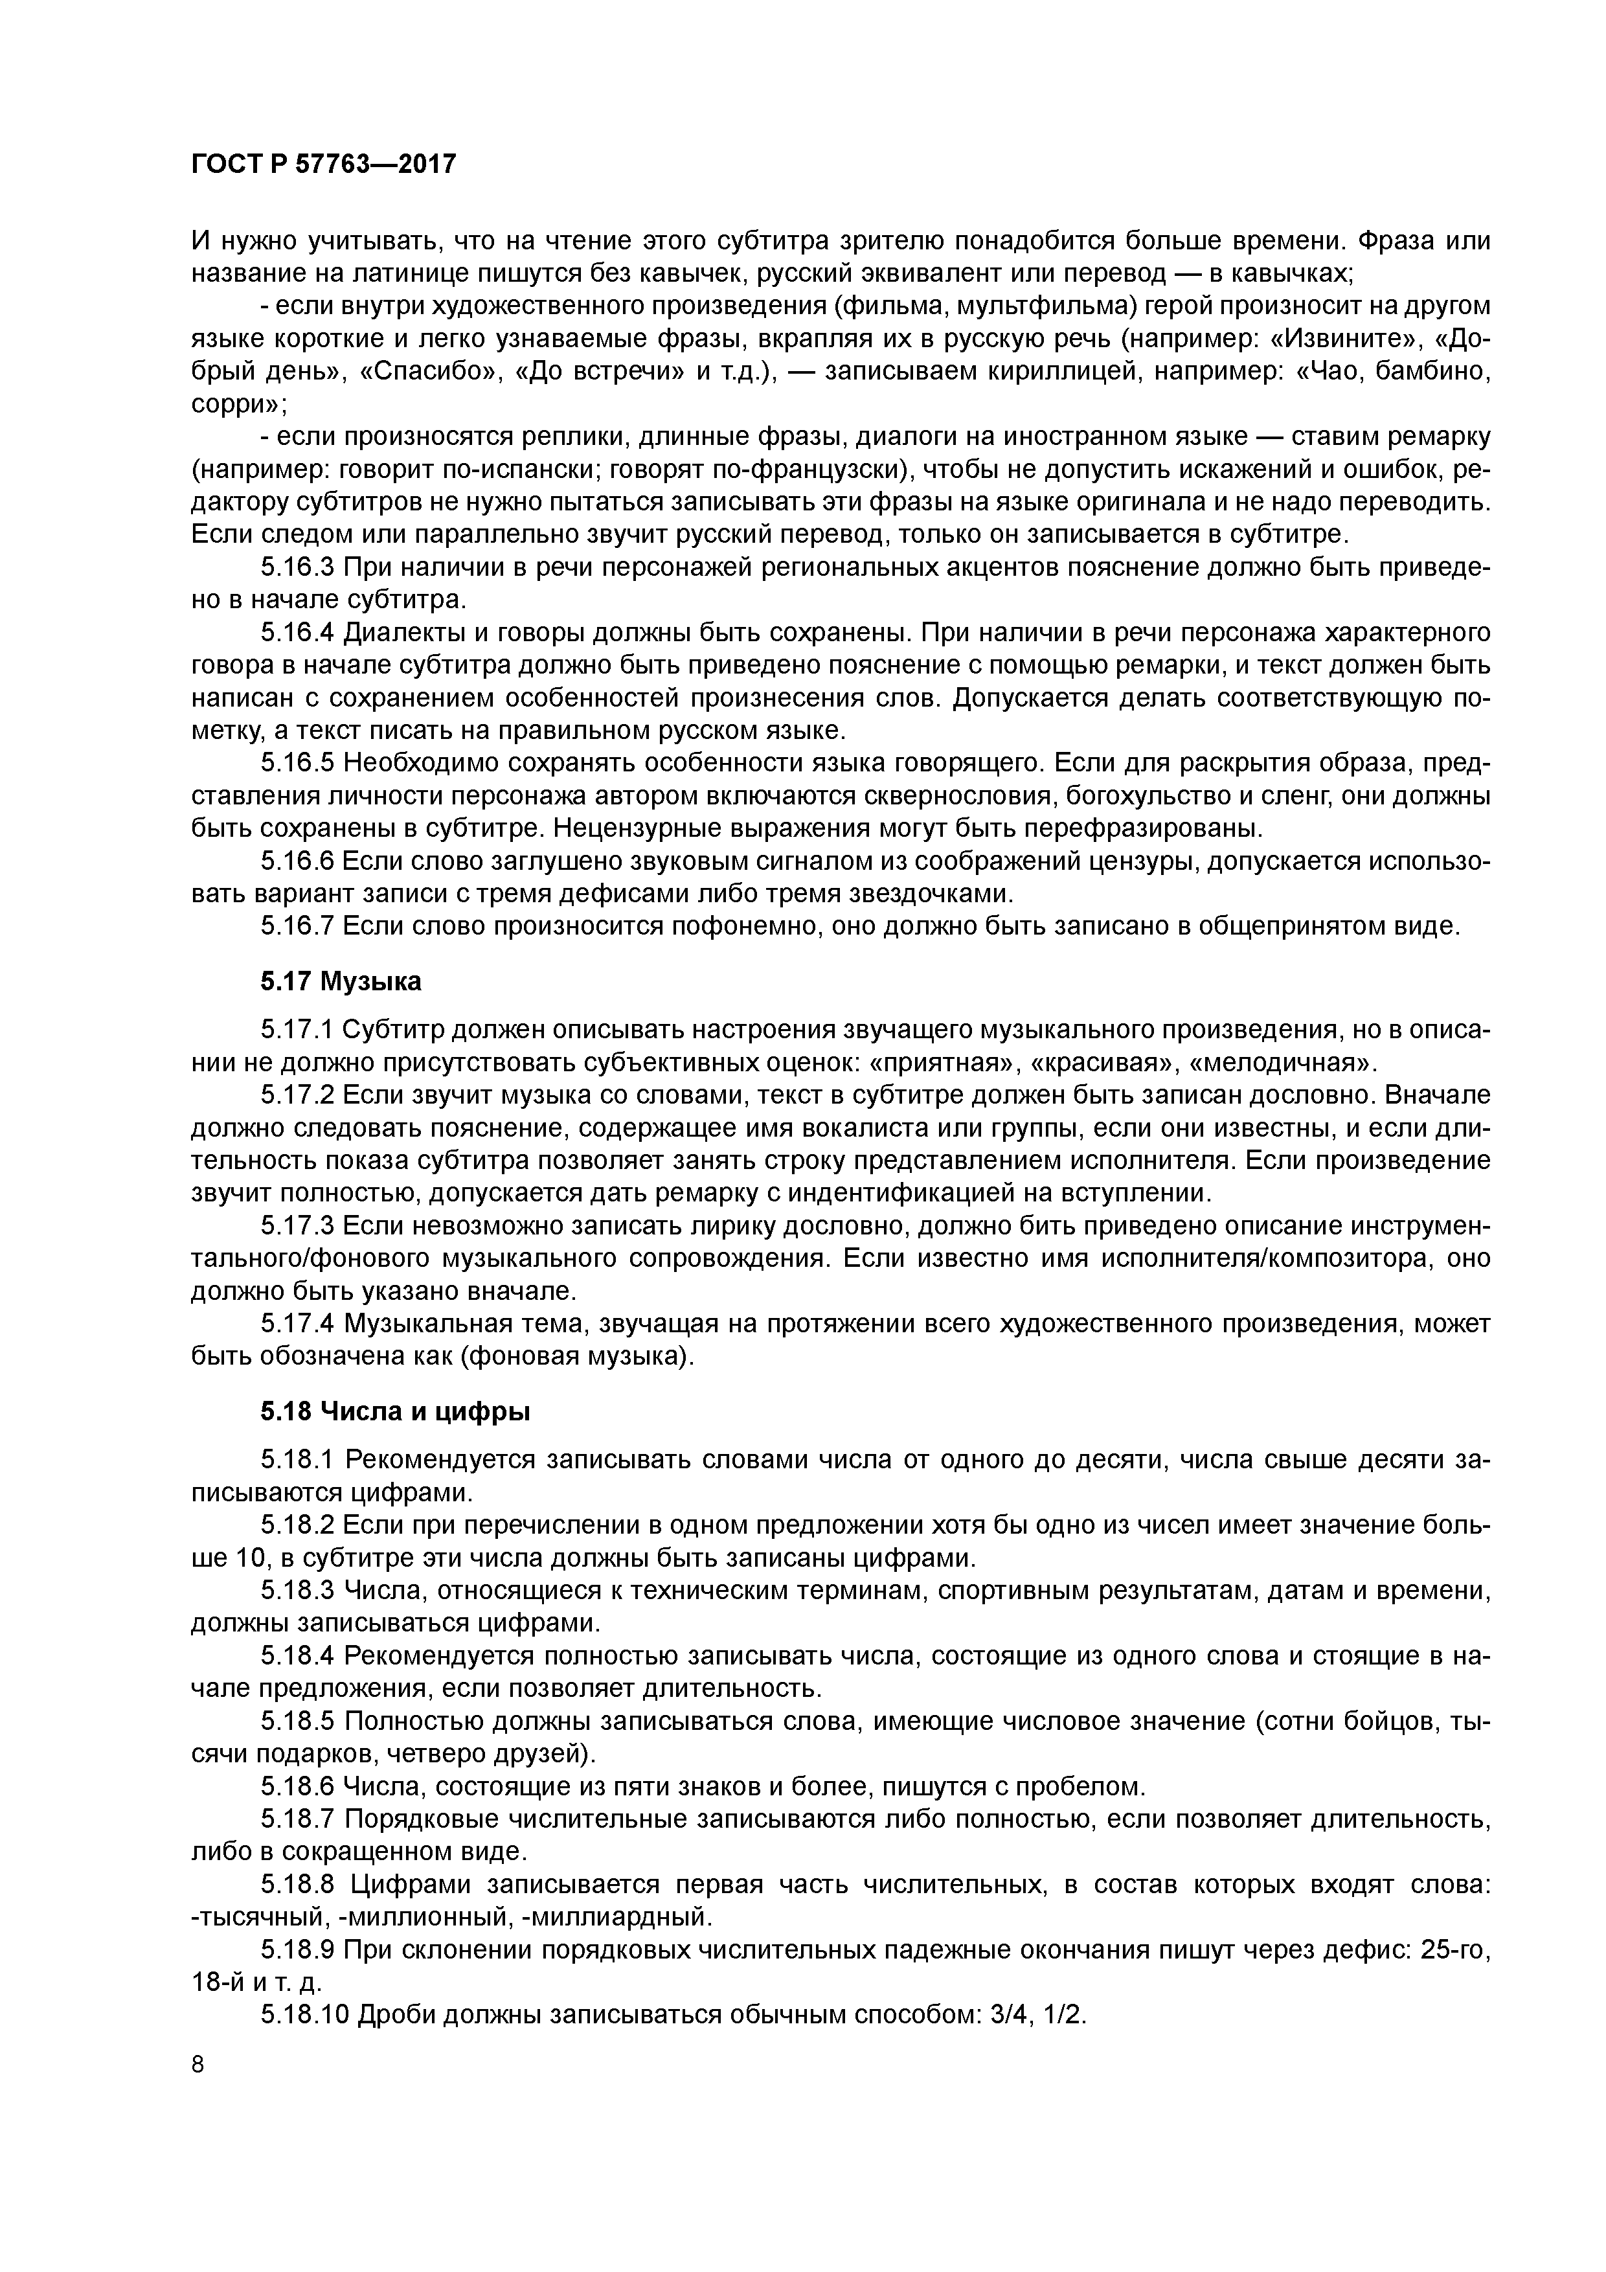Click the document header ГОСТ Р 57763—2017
click(x=324, y=163)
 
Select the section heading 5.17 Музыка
click(x=341, y=982)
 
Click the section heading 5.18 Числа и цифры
click(x=395, y=1411)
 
